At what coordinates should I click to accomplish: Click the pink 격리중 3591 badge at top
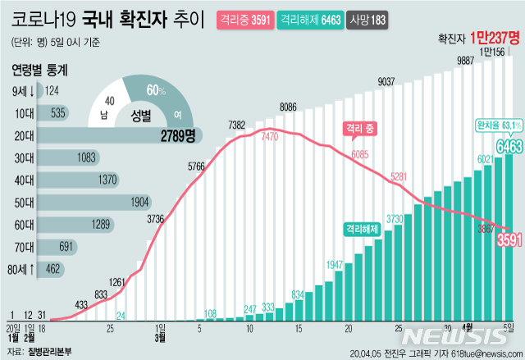click(x=244, y=19)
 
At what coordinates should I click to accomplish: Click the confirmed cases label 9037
click(x=386, y=81)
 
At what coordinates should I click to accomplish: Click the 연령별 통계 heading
click(x=39, y=70)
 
